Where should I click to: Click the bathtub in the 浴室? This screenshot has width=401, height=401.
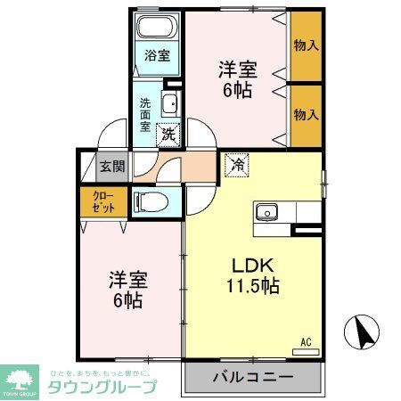coord(159,27)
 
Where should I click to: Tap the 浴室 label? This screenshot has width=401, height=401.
coord(157,55)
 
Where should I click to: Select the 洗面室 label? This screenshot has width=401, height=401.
coord(144,114)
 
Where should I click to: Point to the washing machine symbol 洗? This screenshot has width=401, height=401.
coord(167,135)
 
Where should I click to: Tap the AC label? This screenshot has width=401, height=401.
coord(305,340)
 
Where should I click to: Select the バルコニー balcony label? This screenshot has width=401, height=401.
coord(252,377)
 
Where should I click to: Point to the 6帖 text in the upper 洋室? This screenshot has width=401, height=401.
coord(236,90)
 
